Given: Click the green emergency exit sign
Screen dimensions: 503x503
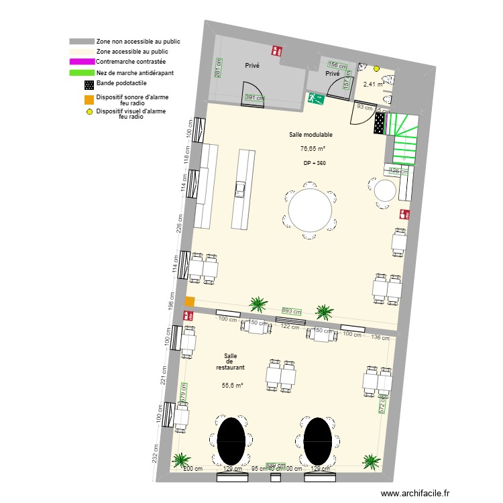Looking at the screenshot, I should pyautogui.click(x=316, y=99).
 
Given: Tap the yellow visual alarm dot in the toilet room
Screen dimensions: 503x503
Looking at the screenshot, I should pyautogui.click(x=376, y=68).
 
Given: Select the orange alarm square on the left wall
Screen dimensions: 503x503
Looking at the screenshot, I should pyautogui.click(x=190, y=302).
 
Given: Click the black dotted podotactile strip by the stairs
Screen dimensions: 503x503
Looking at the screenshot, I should pyautogui.click(x=380, y=123).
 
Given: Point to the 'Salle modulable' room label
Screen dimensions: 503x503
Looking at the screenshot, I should pyautogui.click(x=311, y=135).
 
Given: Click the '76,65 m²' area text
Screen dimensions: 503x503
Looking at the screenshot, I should pyautogui.click(x=313, y=149).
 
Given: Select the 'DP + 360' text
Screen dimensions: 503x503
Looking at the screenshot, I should pyautogui.click(x=315, y=163).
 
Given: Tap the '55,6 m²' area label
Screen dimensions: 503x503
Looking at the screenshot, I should pyautogui.click(x=232, y=385).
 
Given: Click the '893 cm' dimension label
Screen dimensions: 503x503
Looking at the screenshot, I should pyautogui.click(x=291, y=312).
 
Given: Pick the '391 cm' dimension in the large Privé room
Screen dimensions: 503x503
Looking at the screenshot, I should pyautogui.click(x=254, y=98).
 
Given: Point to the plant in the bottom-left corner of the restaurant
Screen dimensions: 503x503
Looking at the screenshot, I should pyautogui.click(x=180, y=460).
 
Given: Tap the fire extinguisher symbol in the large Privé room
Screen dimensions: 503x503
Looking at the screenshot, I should pyautogui.click(x=276, y=50).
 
